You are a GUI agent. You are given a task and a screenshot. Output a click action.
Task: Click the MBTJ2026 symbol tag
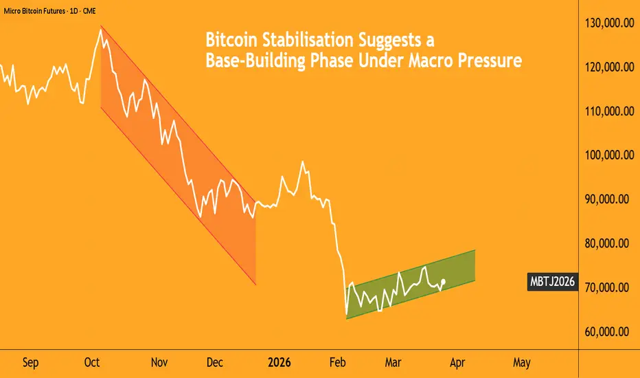coord(551,282)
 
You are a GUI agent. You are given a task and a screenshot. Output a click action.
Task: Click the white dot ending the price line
coord(445,280)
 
